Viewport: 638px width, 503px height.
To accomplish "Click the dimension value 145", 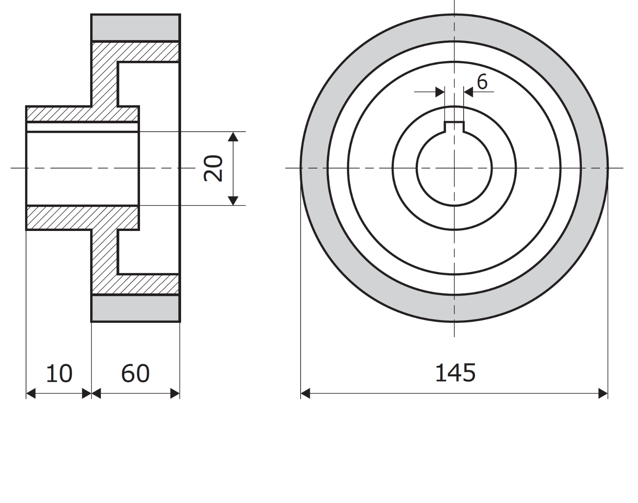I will click(455, 373).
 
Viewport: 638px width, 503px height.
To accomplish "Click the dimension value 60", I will click(135, 373).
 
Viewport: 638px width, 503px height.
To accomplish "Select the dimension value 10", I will click(59, 373).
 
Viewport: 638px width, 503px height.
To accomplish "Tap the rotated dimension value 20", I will click(213, 169).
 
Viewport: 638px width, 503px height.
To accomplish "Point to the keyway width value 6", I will click(482, 82).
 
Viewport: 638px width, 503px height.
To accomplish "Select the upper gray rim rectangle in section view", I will click(135, 28).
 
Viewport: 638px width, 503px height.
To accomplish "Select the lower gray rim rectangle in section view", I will click(135, 308).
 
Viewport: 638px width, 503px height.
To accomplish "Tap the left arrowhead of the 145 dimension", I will click(306, 394).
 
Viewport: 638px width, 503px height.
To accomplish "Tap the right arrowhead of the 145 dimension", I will click(603, 394).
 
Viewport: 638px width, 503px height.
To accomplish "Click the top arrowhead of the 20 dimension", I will click(234, 136).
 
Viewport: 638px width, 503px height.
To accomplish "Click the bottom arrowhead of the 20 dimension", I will click(234, 201).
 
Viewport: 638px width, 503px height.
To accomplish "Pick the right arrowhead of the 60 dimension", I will click(175, 394).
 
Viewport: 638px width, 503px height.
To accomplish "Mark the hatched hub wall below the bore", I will click(82, 218).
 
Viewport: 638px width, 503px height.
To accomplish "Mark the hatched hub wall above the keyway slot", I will click(82, 114).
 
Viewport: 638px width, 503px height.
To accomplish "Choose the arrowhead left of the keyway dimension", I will click(440, 92).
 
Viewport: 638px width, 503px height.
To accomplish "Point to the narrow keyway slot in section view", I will click(82, 127).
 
